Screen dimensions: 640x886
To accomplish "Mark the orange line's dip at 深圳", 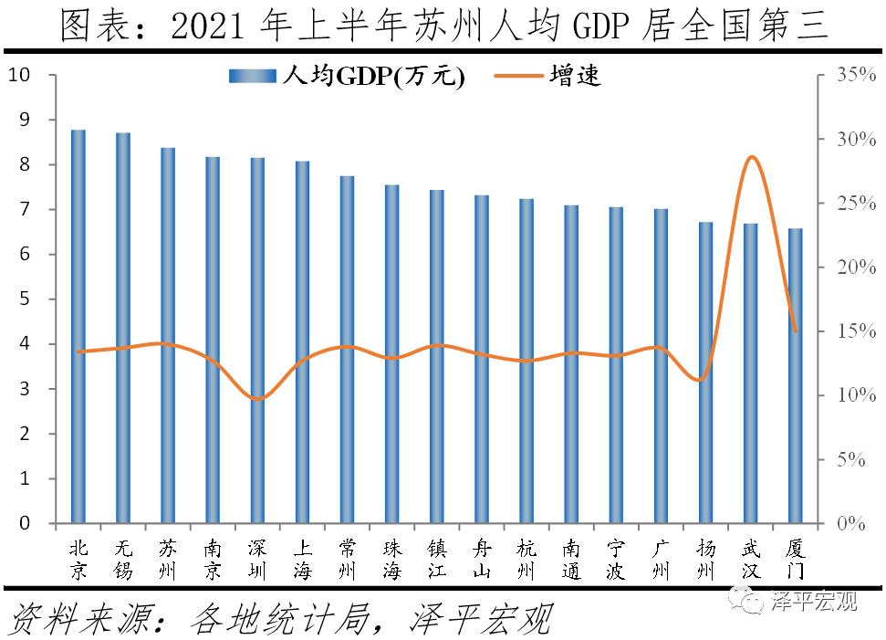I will (x=258, y=399).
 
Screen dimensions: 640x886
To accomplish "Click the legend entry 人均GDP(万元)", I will (x=348, y=77).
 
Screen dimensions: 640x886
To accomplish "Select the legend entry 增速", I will (x=547, y=77).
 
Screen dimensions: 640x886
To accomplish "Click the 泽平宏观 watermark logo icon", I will (x=755, y=602).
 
